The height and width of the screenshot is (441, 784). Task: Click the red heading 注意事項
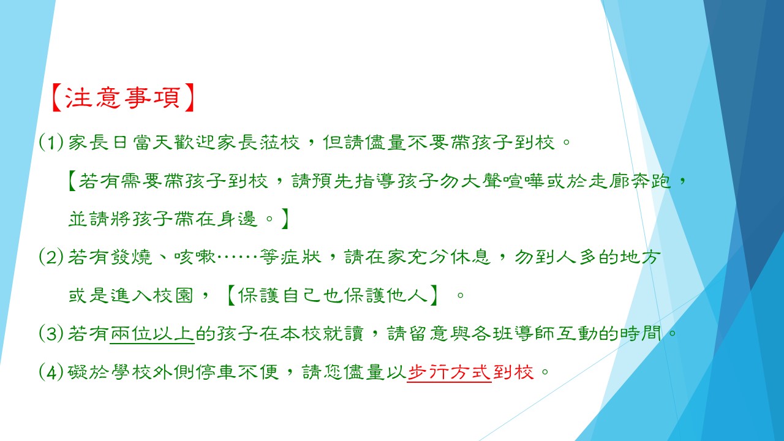click(123, 97)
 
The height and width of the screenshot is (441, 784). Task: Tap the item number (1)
click(51, 142)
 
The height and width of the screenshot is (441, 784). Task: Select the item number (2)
click(51, 257)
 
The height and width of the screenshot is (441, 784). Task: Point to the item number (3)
click(51, 333)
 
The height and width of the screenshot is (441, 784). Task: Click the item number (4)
click(51, 372)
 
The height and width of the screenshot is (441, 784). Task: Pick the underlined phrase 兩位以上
click(153, 334)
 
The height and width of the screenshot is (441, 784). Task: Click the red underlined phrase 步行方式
click(450, 372)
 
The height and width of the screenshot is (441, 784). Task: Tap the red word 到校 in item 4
click(513, 372)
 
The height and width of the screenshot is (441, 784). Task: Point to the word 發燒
click(131, 257)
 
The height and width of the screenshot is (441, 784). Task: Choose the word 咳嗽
click(195, 257)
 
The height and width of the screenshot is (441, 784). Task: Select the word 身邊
click(237, 219)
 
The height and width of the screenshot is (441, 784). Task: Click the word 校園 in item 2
click(173, 295)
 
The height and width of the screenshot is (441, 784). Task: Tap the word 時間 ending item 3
click(641, 333)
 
